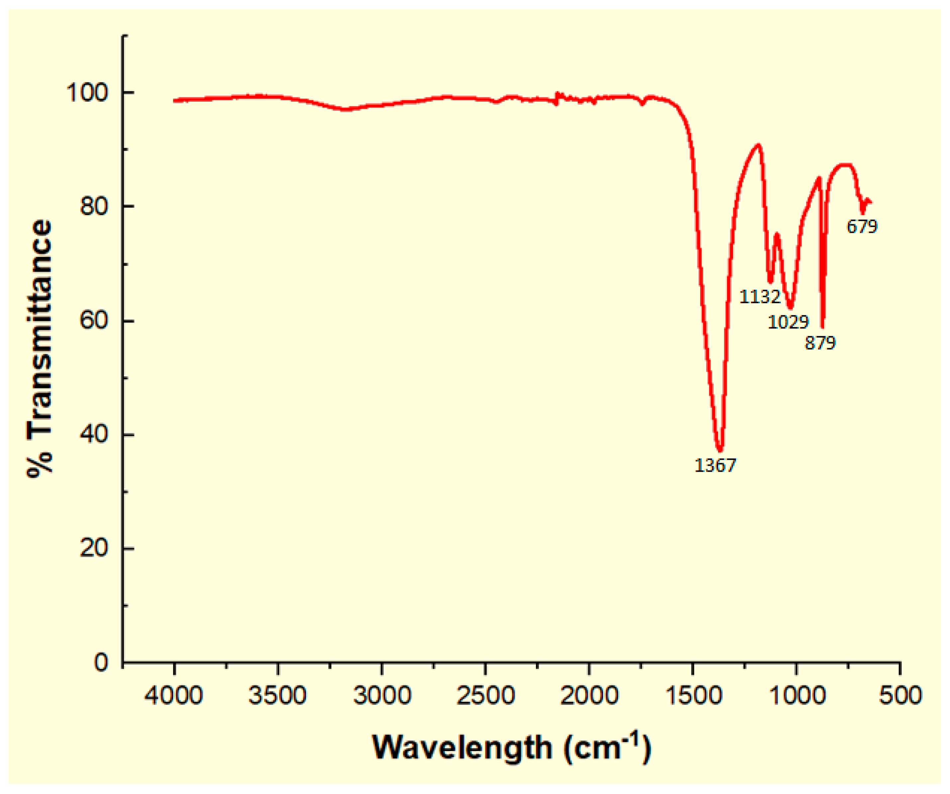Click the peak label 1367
coord(715,465)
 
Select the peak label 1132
coord(760,297)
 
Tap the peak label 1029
coord(788,322)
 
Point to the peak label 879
coord(820,343)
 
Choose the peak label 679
coord(862,227)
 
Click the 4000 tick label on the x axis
coord(174,695)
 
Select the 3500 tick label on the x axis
coord(277,695)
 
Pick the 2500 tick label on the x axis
coord(485,695)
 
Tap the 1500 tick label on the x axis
coord(693,695)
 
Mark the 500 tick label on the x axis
coord(900,695)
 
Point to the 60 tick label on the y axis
coord(94,321)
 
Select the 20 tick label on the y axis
coord(94,548)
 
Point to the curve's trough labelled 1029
coord(790,308)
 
